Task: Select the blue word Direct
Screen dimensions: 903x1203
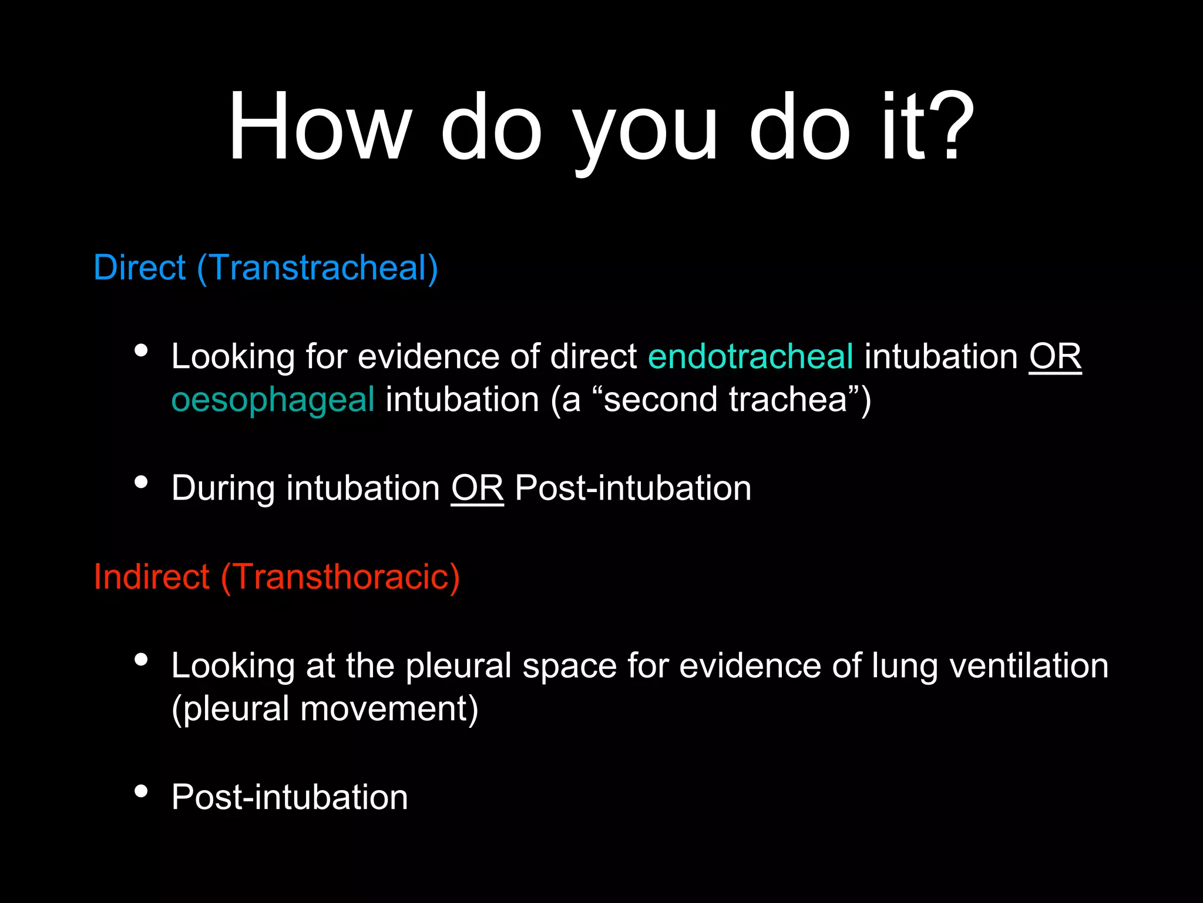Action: coord(139,268)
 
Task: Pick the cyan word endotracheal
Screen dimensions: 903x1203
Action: coord(750,357)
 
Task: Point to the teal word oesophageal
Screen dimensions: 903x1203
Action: coord(273,400)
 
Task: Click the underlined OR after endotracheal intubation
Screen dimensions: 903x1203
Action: coord(1055,357)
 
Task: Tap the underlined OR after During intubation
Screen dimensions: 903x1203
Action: coord(477,489)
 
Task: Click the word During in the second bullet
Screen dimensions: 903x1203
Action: coord(223,489)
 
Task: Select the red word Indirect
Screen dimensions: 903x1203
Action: coord(152,577)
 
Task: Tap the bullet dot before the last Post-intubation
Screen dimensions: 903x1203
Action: coord(141,791)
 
